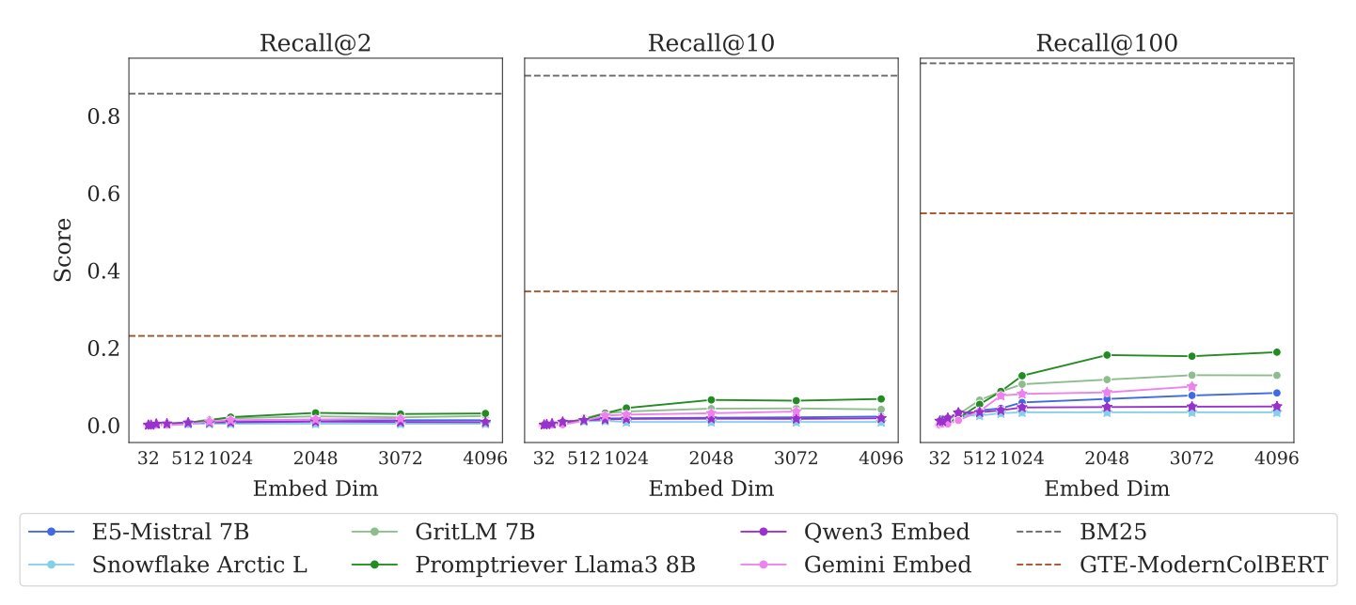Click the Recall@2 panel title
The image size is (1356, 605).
click(x=315, y=43)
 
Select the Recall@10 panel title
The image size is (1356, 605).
click(x=711, y=43)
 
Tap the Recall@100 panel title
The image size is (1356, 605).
click(x=1107, y=43)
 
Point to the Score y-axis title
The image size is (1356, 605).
click(x=63, y=250)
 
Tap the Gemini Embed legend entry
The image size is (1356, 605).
click(x=887, y=565)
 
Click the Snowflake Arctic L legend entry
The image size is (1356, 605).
click(x=199, y=565)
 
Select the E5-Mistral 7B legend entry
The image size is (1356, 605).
click(x=170, y=532)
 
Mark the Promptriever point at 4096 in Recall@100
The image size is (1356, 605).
click(x=1277, y=352)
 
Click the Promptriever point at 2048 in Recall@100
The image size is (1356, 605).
click(x=1107, y=355)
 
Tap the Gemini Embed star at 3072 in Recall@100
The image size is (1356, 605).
click(x=1192, y=386)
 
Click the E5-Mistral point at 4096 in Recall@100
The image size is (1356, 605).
click(x=1277, y=393)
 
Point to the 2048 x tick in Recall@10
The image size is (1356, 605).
click(x=711, y=459)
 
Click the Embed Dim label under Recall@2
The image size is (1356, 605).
click(x=315, y=489)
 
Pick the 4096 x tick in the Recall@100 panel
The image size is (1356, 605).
click(x=1277, y=459)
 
